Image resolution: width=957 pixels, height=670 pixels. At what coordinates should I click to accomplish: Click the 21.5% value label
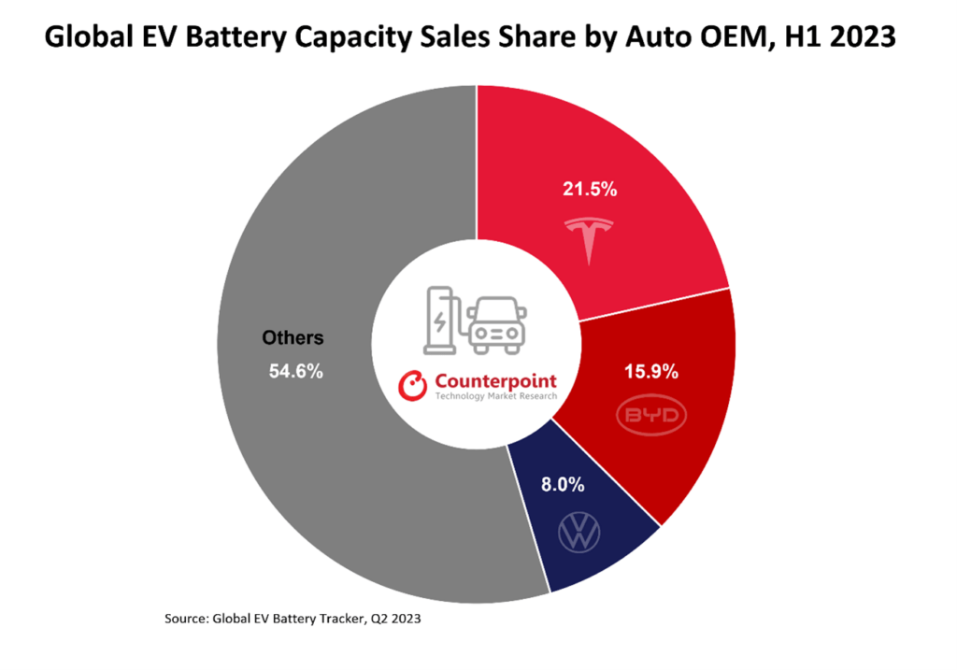(x=589, y=190)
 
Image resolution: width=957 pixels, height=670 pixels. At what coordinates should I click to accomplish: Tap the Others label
(x=292, y=337)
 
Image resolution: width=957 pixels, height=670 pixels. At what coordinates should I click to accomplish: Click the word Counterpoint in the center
(x=494, y=381)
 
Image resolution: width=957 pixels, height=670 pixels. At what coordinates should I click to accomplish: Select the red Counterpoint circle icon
(x=412, y=384)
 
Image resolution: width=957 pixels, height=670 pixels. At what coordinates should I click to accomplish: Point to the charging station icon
(x=439, y=321)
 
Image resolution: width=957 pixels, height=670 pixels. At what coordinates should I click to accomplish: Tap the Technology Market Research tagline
(x=495, y=397)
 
